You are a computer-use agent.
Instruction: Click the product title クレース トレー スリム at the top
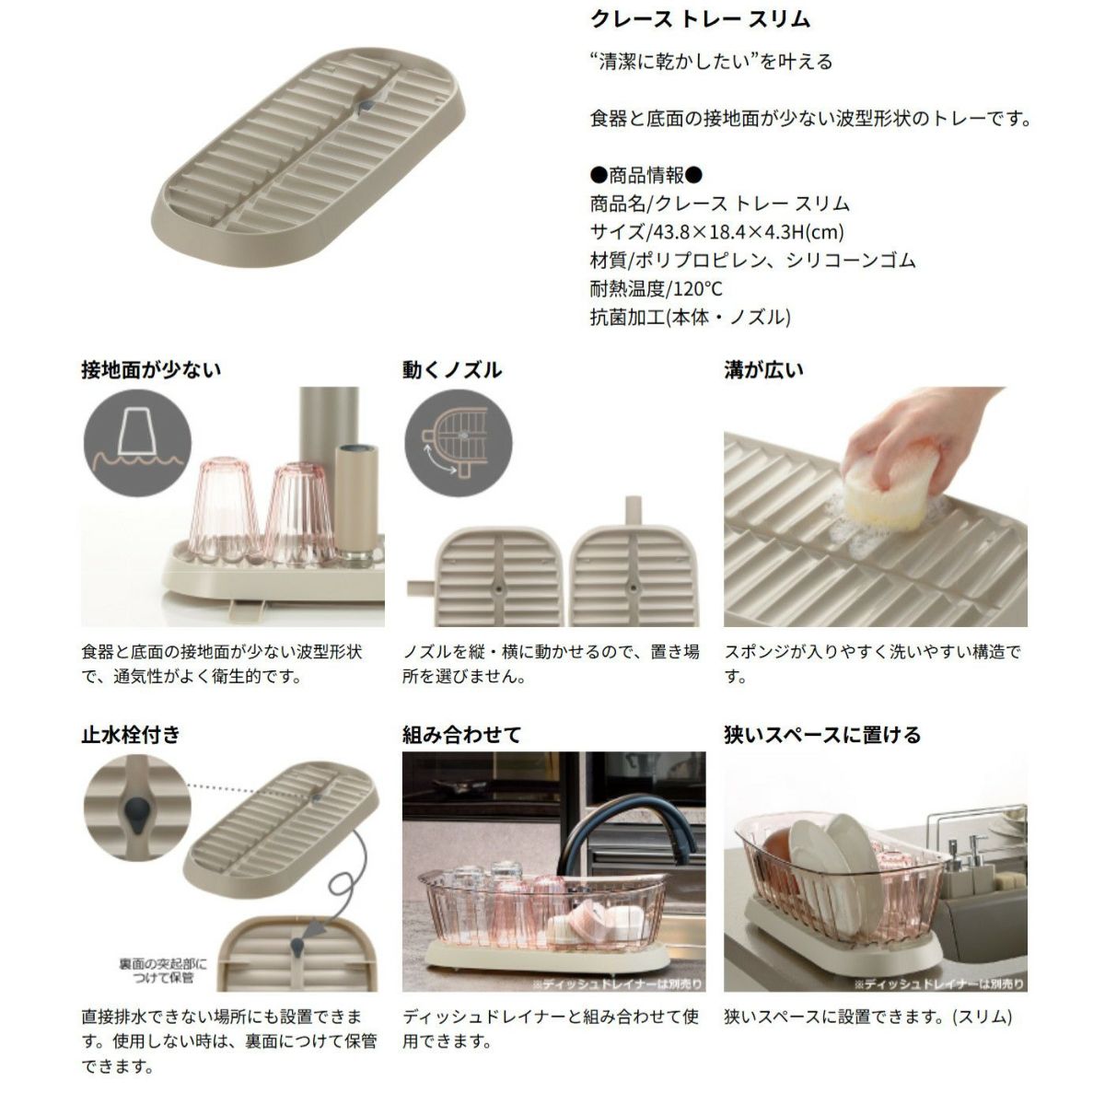[700, 19]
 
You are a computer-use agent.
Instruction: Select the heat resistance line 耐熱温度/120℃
[656, 288]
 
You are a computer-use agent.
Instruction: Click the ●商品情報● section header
[646, 175]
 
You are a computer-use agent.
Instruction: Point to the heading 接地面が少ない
[151, 370]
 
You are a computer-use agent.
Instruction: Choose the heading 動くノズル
[452, 370]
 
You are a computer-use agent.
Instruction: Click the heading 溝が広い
[763, 370]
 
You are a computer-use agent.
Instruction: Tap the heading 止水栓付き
[131, 735]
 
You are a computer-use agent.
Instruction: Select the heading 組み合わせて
[461, 735]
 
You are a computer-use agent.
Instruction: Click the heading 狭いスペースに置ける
[822, 735]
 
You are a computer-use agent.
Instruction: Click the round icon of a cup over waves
[137, 443]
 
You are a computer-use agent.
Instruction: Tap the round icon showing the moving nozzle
[459, 443]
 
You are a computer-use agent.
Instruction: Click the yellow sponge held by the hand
[887, 491]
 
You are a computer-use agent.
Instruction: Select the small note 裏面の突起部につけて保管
[162, 971]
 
